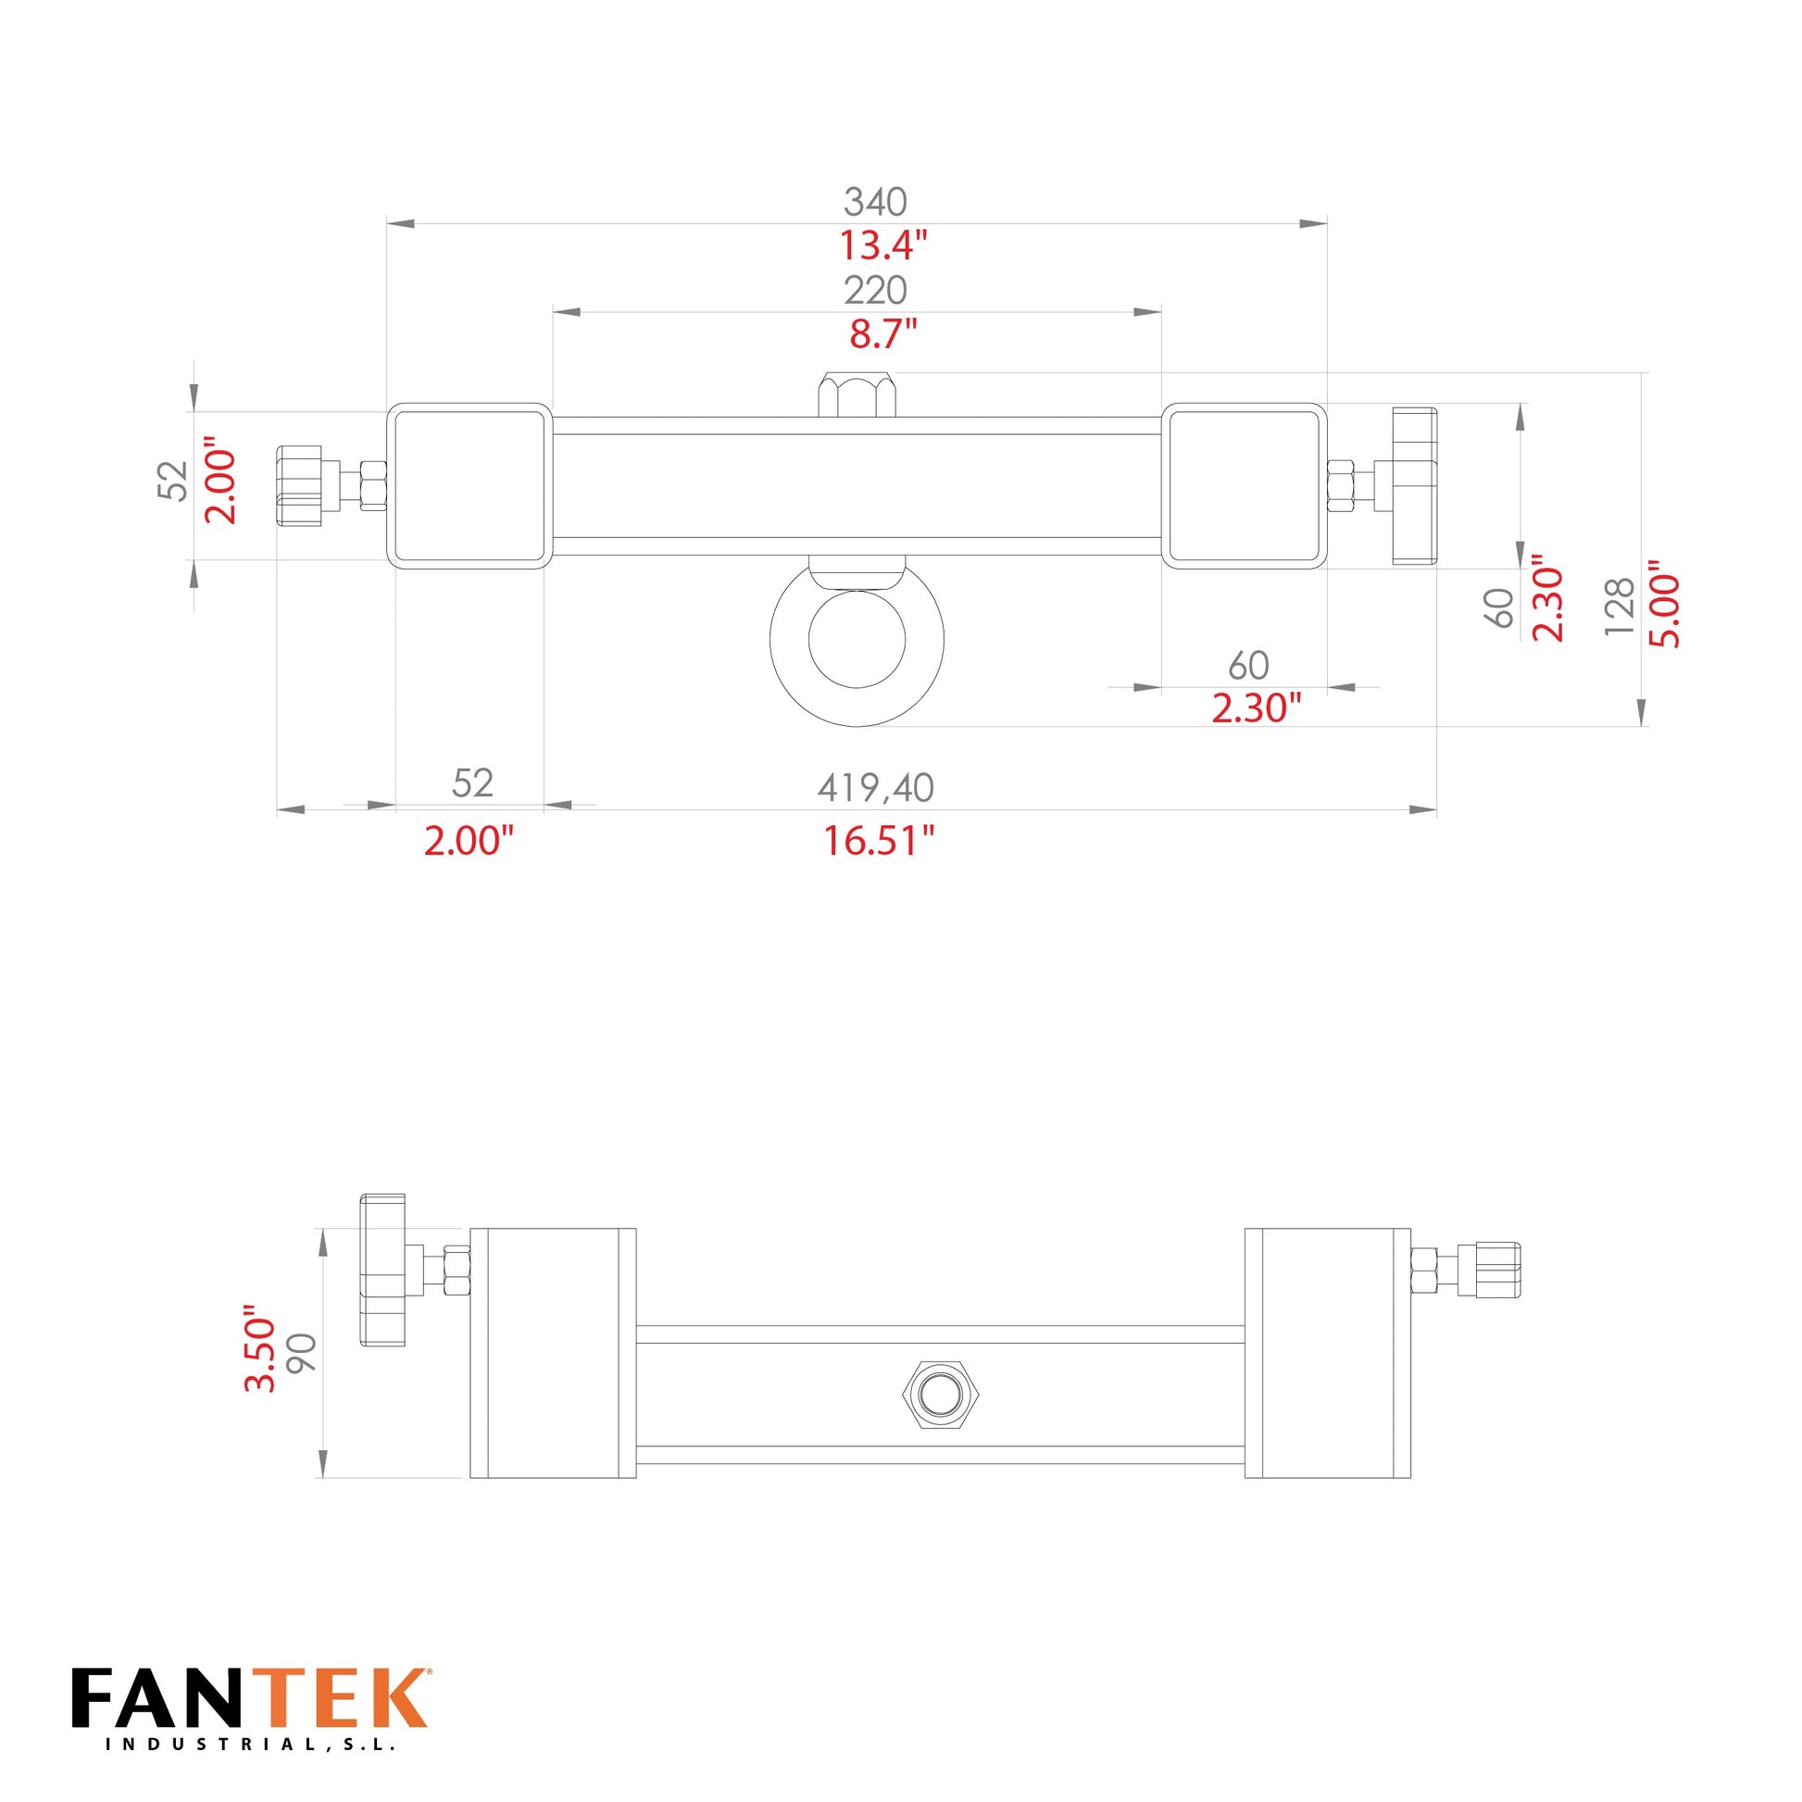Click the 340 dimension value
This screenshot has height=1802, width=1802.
875,202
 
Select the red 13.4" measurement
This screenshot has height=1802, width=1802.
882,246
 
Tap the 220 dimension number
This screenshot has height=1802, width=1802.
875,291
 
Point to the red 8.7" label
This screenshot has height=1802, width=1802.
882,334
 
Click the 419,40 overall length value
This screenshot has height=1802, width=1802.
875,788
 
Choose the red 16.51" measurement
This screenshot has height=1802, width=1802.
878,842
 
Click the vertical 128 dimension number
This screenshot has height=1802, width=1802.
1621,607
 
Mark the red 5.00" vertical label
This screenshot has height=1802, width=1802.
1664,605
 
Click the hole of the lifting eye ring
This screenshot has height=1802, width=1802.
857,639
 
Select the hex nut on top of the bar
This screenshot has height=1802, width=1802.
857,394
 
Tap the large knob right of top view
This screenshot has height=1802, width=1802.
1414,486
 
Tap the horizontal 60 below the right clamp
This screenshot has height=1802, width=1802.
1248,665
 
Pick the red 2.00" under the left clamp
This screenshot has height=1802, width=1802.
469,842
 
